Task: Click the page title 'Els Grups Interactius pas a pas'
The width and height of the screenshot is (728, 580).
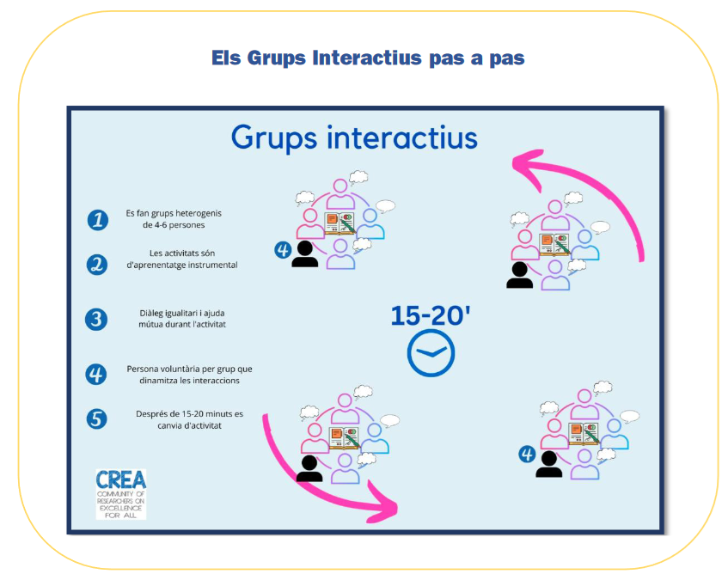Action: click(x=368, y=58)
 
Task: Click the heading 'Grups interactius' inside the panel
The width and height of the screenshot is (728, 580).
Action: click(x=353, y=137)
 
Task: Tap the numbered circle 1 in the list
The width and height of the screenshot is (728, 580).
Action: click(x=97, y=219)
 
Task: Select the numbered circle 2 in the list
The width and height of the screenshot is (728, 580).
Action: click(x=97, y=264)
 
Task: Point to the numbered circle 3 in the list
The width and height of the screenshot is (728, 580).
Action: click(x=96, y=320)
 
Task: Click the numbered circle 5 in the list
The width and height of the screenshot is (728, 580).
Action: click(x=97, y=418)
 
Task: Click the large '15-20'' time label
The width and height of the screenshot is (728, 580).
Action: click(x=431, y=315)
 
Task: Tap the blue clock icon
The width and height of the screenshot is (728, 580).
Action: click(x=431, y=354)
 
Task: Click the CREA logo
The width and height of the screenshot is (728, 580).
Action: click(x=120, y=493)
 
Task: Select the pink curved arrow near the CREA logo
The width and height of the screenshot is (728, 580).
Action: click(x=327, y=477)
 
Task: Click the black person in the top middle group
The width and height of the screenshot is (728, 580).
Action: click(x=304, y=253)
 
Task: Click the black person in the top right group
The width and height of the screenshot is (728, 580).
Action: click(x=519, y=275)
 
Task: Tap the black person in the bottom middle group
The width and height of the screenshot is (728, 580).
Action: click(x=309, y=468)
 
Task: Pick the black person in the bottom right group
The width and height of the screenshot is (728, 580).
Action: click(x=548, y=464)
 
